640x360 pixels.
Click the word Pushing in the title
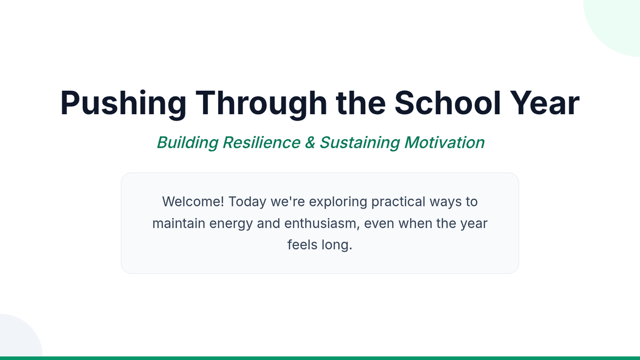123,103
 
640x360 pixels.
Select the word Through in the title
261,103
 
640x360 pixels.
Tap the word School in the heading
447,103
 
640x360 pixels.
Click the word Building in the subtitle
188,142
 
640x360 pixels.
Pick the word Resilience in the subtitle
261,142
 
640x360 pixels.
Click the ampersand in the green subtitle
310,142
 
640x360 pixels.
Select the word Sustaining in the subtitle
359,142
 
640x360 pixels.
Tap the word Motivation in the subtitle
444,142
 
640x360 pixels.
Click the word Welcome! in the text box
193,202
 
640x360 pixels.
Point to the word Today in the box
247,202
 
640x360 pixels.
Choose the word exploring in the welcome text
338,202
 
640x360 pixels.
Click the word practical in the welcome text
398,202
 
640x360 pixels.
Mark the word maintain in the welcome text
179,223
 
